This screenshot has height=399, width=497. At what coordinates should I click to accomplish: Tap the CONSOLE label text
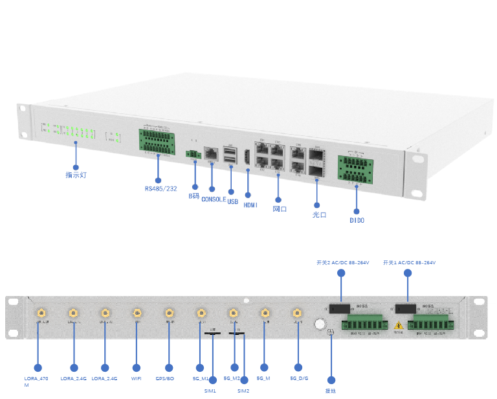[214, 199]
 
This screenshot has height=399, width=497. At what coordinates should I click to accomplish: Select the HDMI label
[250, 205]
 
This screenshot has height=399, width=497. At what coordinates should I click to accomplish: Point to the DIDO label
[357, 220]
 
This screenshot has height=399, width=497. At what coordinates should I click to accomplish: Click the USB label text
[233, 201]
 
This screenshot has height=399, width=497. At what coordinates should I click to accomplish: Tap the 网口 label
[279, 209]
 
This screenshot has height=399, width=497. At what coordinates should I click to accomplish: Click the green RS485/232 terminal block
[156, 142]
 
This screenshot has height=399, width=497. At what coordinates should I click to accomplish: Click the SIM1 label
[210, 391]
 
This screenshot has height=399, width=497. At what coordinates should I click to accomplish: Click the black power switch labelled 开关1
[406, 308]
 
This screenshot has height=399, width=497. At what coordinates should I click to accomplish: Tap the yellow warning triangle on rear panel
[399, 324]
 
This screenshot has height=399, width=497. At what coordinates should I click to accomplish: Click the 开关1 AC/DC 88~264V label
[409, 262]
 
